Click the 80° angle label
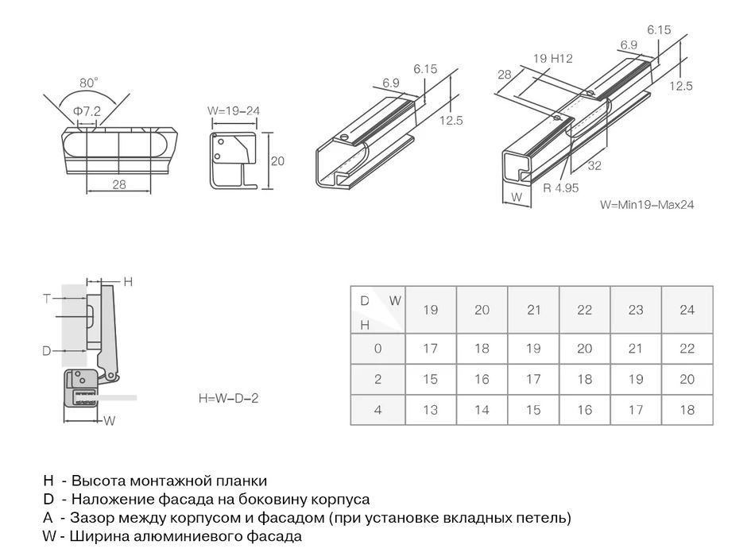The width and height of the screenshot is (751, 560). (89, 83)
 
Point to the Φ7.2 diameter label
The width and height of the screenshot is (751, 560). (87, 111)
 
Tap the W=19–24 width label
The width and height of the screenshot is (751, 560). (234, 111)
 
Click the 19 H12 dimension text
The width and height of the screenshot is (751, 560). (552, 58)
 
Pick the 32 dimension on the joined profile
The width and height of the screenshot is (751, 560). (594, 167)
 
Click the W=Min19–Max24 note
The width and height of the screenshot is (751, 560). (648, 204)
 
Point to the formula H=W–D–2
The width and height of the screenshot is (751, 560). (229, 398)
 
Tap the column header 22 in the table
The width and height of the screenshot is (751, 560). (584, 310)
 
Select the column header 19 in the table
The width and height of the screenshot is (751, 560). (430, 310)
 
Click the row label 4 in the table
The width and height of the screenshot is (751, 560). (377, 410)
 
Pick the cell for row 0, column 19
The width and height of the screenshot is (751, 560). (430, 348)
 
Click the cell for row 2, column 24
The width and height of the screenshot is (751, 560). (687, 379)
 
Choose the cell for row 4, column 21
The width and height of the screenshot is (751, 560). (532, 410)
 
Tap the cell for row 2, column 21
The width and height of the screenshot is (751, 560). (532, 379)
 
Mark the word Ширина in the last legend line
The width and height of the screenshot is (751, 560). (95, 536)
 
